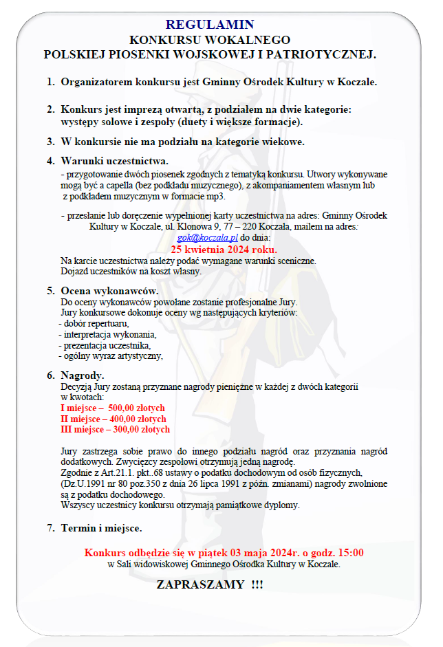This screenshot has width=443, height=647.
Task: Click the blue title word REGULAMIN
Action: click(210, 25)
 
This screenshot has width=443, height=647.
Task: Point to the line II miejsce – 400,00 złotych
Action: click(114, 419)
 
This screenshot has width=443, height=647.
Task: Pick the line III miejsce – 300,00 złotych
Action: click(115, 430)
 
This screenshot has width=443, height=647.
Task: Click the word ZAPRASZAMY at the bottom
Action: click(200, 584)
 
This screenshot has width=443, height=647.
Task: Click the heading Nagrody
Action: click(83, 375)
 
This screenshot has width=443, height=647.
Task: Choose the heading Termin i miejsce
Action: click(101, 528)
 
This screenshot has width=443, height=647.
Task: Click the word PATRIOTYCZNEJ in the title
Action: click(321, 54)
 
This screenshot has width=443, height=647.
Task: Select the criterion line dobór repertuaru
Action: click(96, 324)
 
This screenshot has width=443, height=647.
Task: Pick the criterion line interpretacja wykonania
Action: click(107, 335)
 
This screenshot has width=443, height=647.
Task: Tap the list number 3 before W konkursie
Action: click(50, 142)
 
